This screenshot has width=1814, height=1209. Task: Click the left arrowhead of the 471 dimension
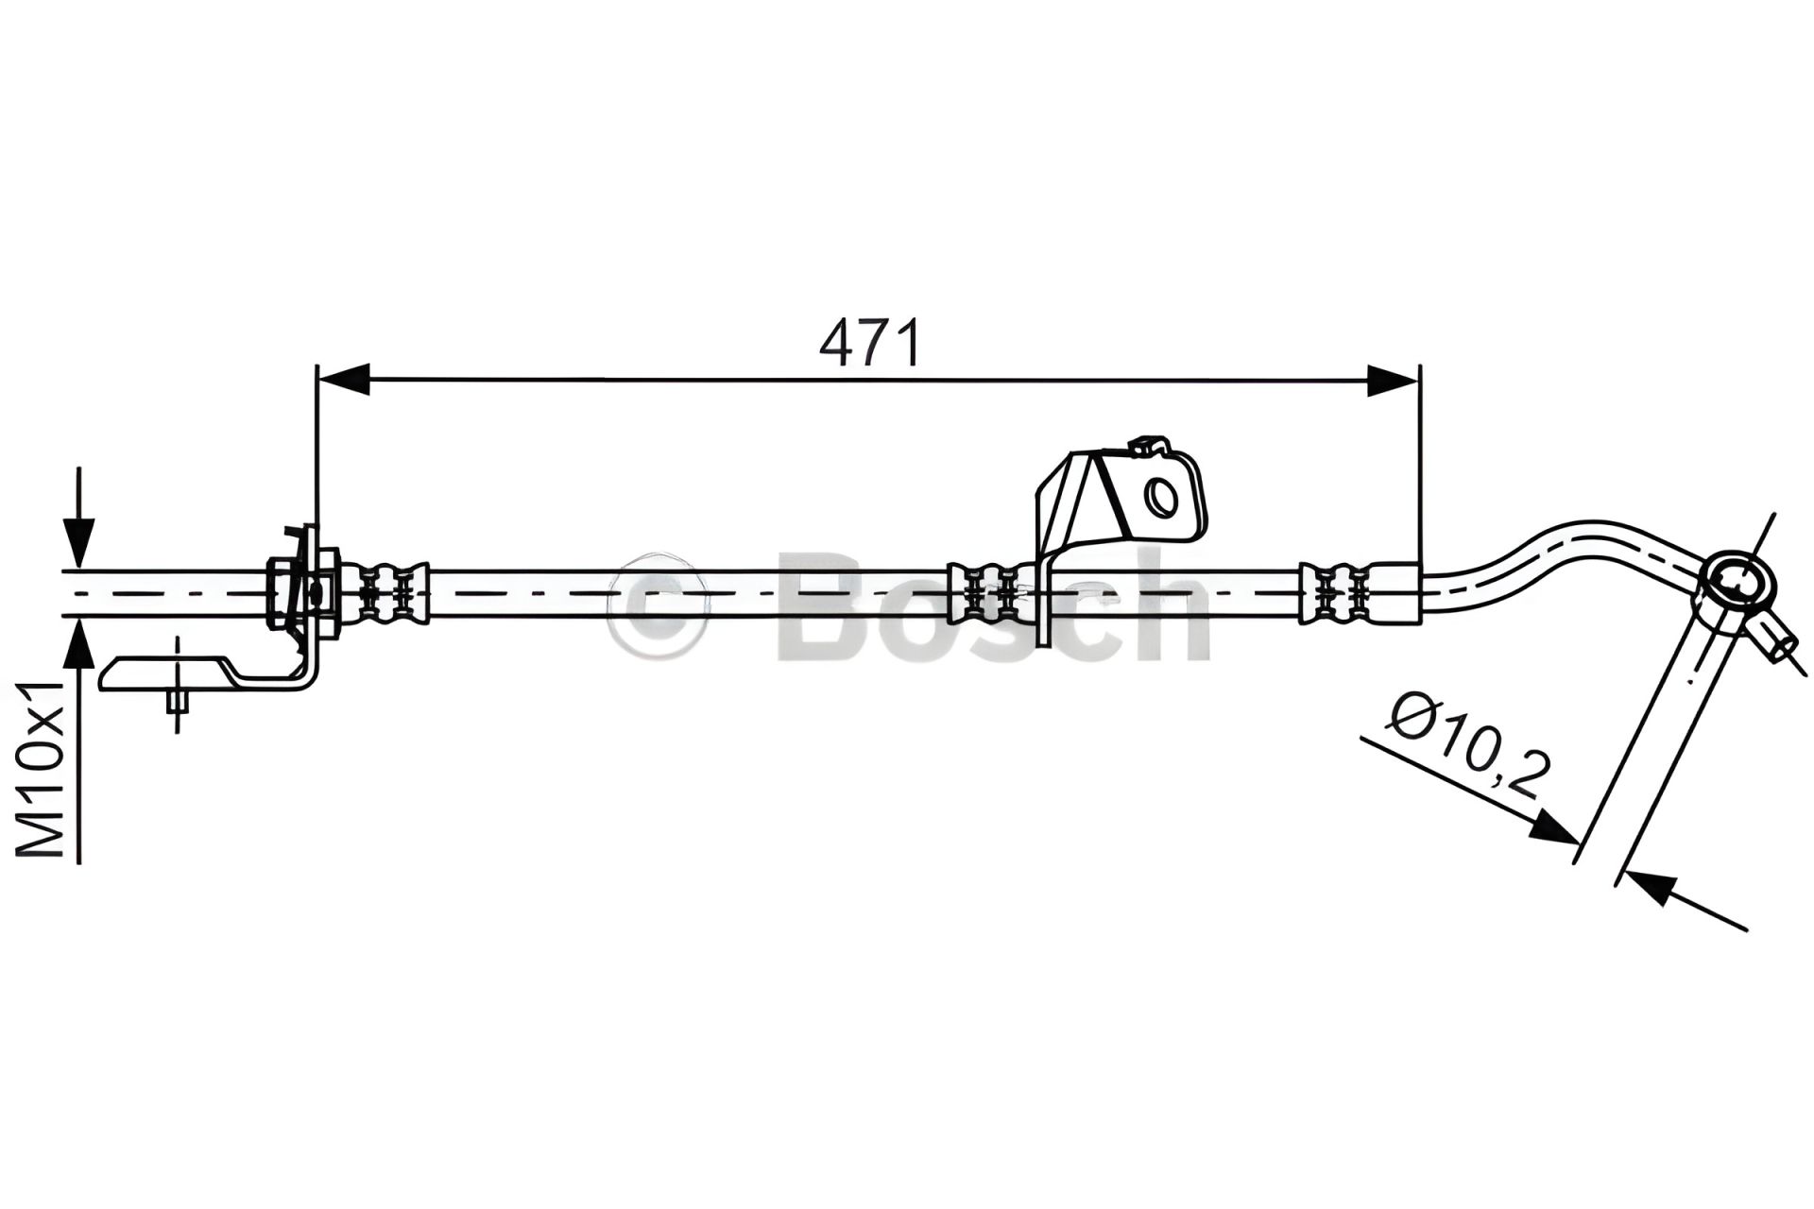coord(343,380)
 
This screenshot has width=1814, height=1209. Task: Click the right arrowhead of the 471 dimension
coord(1393,380)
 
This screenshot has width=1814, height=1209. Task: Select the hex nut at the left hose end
coord(282,592)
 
